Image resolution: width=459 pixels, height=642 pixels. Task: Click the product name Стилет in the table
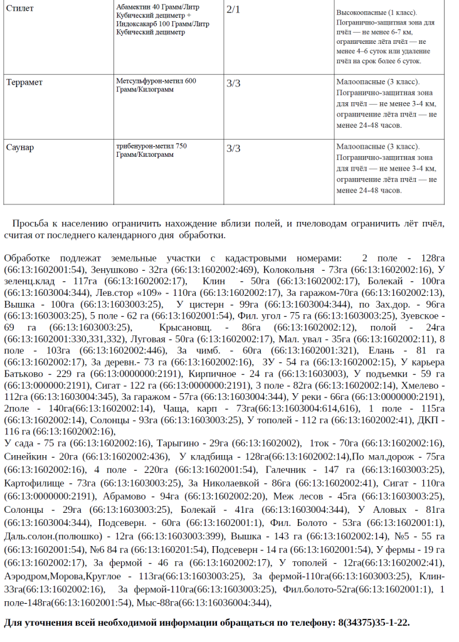19,8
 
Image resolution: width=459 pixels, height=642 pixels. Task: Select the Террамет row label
25,82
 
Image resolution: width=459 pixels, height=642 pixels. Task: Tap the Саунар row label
20,147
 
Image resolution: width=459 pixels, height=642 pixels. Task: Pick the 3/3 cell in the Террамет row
233,83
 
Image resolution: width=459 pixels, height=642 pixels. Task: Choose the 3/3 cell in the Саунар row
233,149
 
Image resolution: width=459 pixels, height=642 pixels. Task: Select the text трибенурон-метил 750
152,146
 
